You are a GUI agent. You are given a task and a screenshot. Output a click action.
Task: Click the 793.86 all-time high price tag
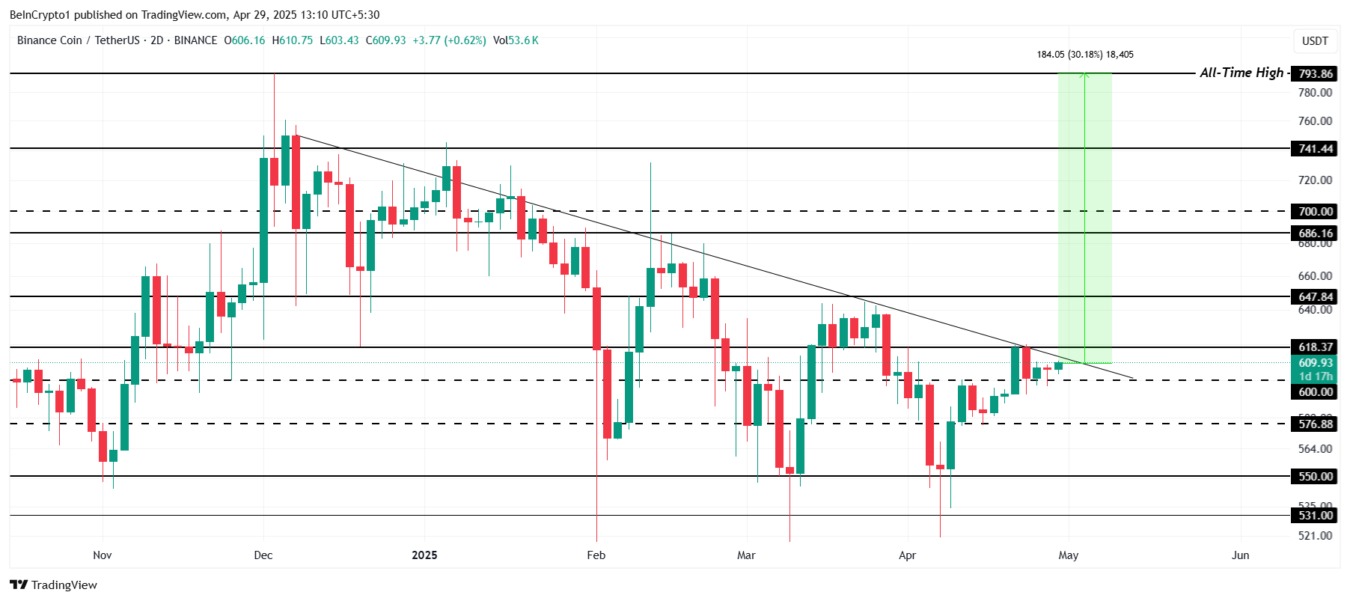click(x=1315, y=73)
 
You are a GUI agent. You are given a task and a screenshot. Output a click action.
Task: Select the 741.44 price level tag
click(x=1315, y=148)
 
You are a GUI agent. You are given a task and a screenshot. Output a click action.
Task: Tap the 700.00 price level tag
click(x=1315, y=211)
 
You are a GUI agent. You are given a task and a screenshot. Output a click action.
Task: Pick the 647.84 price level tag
click(x=1315, y=296)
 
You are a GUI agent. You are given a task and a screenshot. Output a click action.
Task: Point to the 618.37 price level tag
click(x=1315, y=347)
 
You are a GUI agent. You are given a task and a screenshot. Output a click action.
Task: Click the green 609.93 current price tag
click(x=1315, y=363)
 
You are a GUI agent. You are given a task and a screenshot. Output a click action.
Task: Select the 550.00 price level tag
click(x=1315, y=476)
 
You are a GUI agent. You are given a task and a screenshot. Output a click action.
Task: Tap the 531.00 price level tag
click(x=1315, y=515)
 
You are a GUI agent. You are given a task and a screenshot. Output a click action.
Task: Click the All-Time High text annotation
click(x=1241, y=73)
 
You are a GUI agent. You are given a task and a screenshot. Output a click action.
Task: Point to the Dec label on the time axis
click(x=263, y=555)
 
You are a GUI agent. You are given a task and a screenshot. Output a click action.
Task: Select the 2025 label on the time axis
click(x=424, y=555)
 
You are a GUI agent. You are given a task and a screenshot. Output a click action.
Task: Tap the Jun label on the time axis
click(x=1240, y=555)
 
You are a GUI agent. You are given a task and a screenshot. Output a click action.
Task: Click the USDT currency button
click(x=1315, y=40)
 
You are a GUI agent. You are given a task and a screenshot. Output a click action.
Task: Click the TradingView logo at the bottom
click(x=54, y=585)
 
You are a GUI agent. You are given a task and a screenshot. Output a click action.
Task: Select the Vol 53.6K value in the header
click(x=516, y=40)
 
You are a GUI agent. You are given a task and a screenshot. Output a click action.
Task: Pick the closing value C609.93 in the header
click(x=385, y=40)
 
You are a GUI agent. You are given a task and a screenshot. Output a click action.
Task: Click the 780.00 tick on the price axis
click(x=1315, y=93)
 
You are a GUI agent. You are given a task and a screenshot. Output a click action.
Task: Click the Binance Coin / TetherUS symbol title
click(x=78, y=40)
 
